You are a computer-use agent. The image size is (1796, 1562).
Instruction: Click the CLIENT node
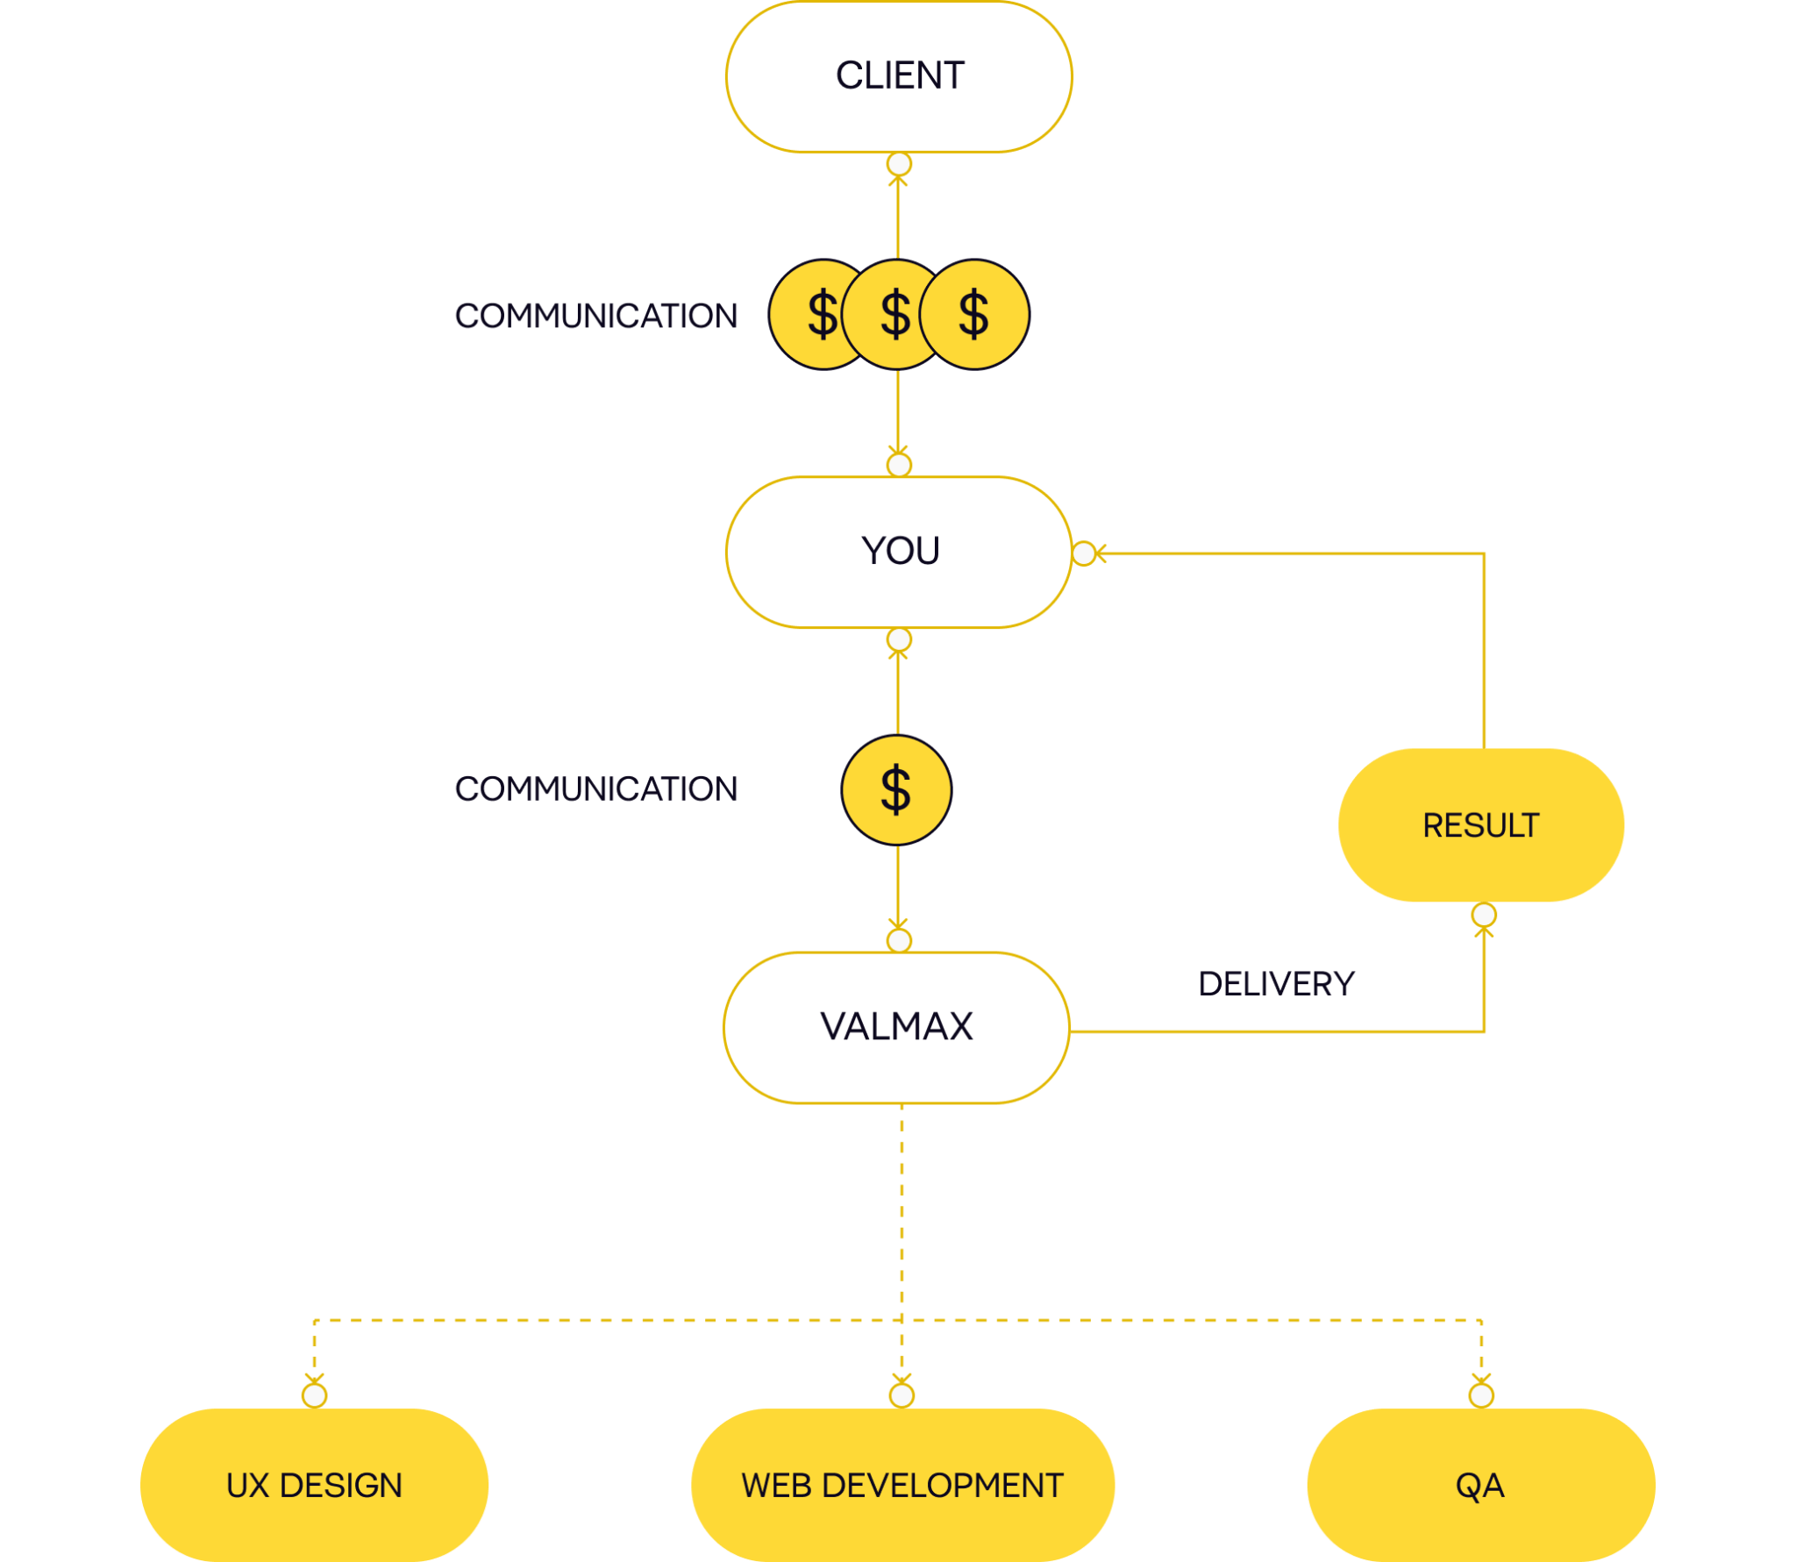pos(899,76)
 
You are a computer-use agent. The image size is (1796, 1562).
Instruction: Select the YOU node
pos(899,553)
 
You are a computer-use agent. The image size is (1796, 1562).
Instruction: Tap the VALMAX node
pos(896,1027)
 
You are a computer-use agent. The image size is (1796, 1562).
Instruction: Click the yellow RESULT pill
pos(1480,825)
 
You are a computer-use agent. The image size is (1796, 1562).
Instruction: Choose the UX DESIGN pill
pos(314,1486)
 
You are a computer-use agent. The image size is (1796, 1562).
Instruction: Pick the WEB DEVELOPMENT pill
pos(902,1486)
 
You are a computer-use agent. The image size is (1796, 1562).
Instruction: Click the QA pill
pos(1480,1486)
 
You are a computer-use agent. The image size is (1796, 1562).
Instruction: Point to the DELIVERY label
pos(1276,984)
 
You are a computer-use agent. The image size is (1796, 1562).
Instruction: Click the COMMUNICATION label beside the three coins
pos(595,316)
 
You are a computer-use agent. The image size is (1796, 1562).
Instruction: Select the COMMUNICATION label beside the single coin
pos(595,788)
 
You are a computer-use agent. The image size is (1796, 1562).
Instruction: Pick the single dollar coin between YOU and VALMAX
pos(896,789)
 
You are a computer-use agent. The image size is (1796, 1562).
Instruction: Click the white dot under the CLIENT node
pos(899,164)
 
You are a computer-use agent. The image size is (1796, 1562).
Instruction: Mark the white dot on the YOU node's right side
pos(1084,553)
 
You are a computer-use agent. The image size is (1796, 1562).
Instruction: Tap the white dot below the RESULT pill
pos(1484,916)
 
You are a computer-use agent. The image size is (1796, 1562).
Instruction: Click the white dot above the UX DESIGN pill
pos(314,1395)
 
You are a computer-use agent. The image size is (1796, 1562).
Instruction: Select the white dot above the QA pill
pos(1481,1395)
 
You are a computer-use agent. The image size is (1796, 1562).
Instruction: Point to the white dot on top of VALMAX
pos(899,941)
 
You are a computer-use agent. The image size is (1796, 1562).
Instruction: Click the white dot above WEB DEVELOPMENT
pos(902,1395)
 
